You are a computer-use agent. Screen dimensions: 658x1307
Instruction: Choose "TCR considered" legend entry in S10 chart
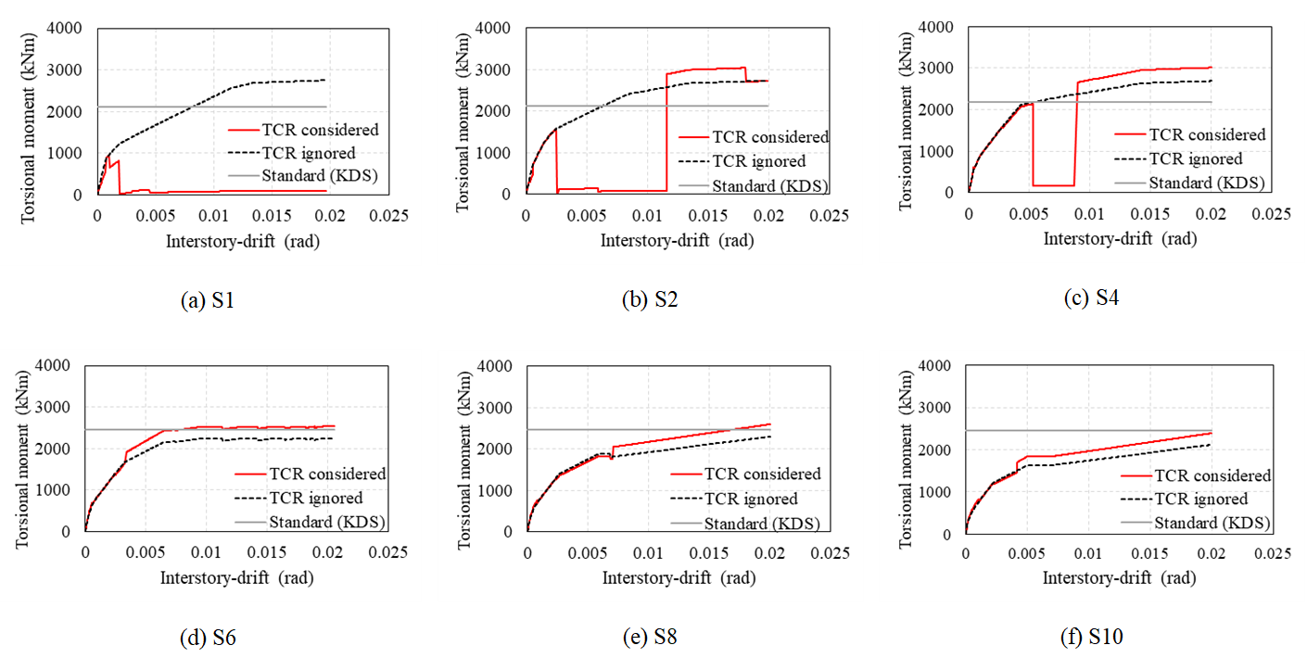point(1210,475)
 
